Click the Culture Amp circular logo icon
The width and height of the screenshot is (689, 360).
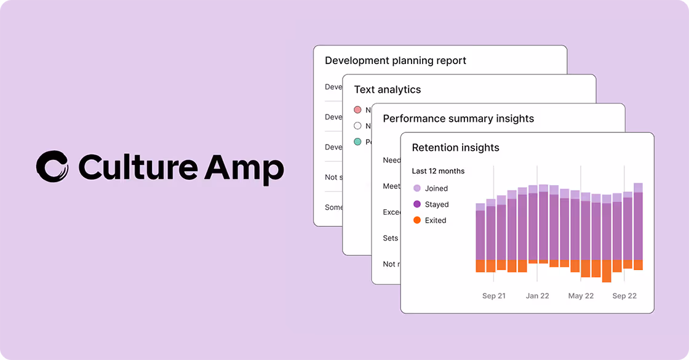(52, 167)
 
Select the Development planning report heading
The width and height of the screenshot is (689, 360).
(395, 60)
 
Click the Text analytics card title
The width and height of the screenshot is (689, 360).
(387, 89)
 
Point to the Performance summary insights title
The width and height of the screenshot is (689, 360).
(458, 118)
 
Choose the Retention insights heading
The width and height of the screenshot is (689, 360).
(455, 147)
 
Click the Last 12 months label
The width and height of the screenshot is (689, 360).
(438, 171)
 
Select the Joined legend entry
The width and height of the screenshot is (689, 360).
(436, 188)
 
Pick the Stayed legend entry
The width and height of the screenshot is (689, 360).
(436, 204)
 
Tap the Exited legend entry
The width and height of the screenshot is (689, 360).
(435, 220)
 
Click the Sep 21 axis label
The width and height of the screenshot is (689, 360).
(493, 296)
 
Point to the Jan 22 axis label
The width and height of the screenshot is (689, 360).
(537, 296)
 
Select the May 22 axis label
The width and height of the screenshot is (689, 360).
(581, 296)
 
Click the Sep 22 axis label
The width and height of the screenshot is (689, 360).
(624, 296)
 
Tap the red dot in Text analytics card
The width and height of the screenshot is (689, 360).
(357, 110)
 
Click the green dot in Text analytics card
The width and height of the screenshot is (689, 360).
(357, 142)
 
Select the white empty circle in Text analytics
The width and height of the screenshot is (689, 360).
(357, 126)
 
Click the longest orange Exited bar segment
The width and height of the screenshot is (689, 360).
(607, 271)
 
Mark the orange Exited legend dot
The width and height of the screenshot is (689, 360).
(417, 220)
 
